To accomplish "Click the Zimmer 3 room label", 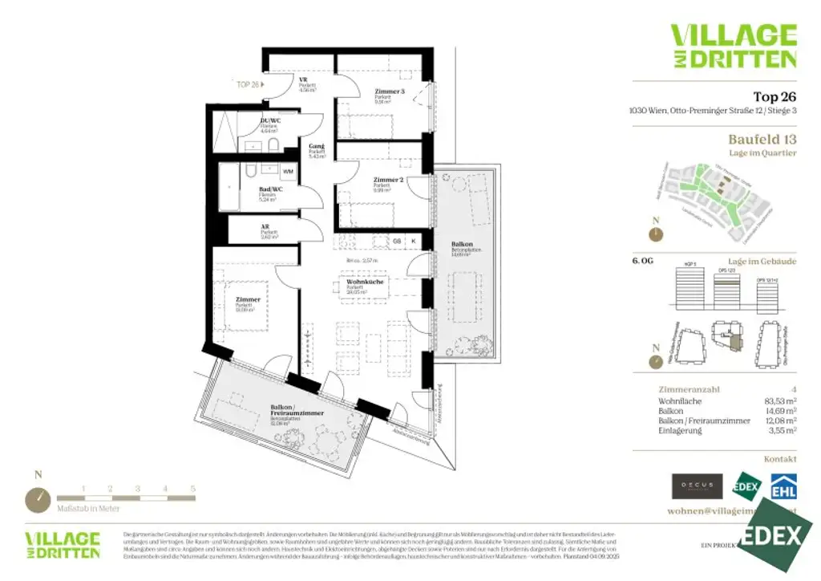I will (x=390, y=91).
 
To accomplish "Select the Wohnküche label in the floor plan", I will (x=365, y=282).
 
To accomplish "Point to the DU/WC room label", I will (x=269, y=121).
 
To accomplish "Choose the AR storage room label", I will (x=265, y=227).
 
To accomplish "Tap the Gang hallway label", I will (x=316, y=146).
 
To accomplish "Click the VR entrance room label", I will (x=305, y=80).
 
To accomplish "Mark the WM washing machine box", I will (x=288, y=172).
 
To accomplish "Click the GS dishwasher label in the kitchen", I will (x=396, y=240).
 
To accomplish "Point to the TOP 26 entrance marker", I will (x=248, y=83).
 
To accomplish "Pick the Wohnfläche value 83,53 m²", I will (x=779, y=400).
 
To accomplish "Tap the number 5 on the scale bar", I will (x=193, y=488).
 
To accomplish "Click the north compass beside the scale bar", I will (x=38, y=498).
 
